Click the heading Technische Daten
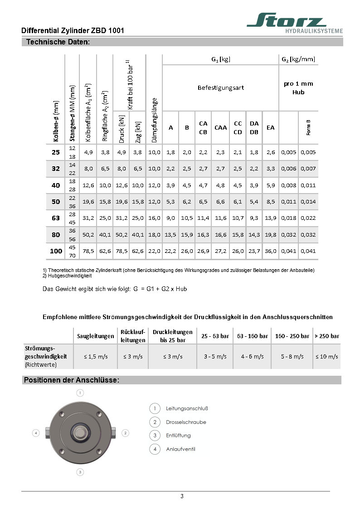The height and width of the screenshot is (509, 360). [x=58, y=42]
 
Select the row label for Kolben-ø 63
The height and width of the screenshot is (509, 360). [x=56, y=218]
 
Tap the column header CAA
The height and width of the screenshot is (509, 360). [x=220, y=128]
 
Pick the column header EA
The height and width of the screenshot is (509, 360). [x=271, y=128]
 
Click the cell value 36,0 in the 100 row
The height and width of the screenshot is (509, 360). [x=271, y=251]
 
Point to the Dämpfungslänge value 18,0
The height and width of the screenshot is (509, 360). [x=155, y=235]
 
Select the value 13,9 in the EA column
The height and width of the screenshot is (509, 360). [x=271, y=218]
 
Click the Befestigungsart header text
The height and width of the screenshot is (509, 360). [x=220, y=87]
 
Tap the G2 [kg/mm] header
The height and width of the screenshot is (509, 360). [x=298, y=59]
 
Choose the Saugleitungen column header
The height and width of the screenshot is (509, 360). [x=95, y=336]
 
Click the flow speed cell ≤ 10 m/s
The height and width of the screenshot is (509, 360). [x=327, y=357]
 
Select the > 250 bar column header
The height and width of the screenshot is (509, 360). [x=327, y=336]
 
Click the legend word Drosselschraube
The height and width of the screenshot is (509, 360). [x=186, y=422]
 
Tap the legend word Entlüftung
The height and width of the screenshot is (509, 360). [x=178, y=436]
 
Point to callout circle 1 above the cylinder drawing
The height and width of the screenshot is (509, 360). [x=80, y=393]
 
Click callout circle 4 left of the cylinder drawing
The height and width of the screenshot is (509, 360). [x=36, y=433]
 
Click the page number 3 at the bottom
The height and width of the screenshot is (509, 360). [x=182, y=496]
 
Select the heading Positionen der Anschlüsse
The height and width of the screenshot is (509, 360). [x=71, y=380]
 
